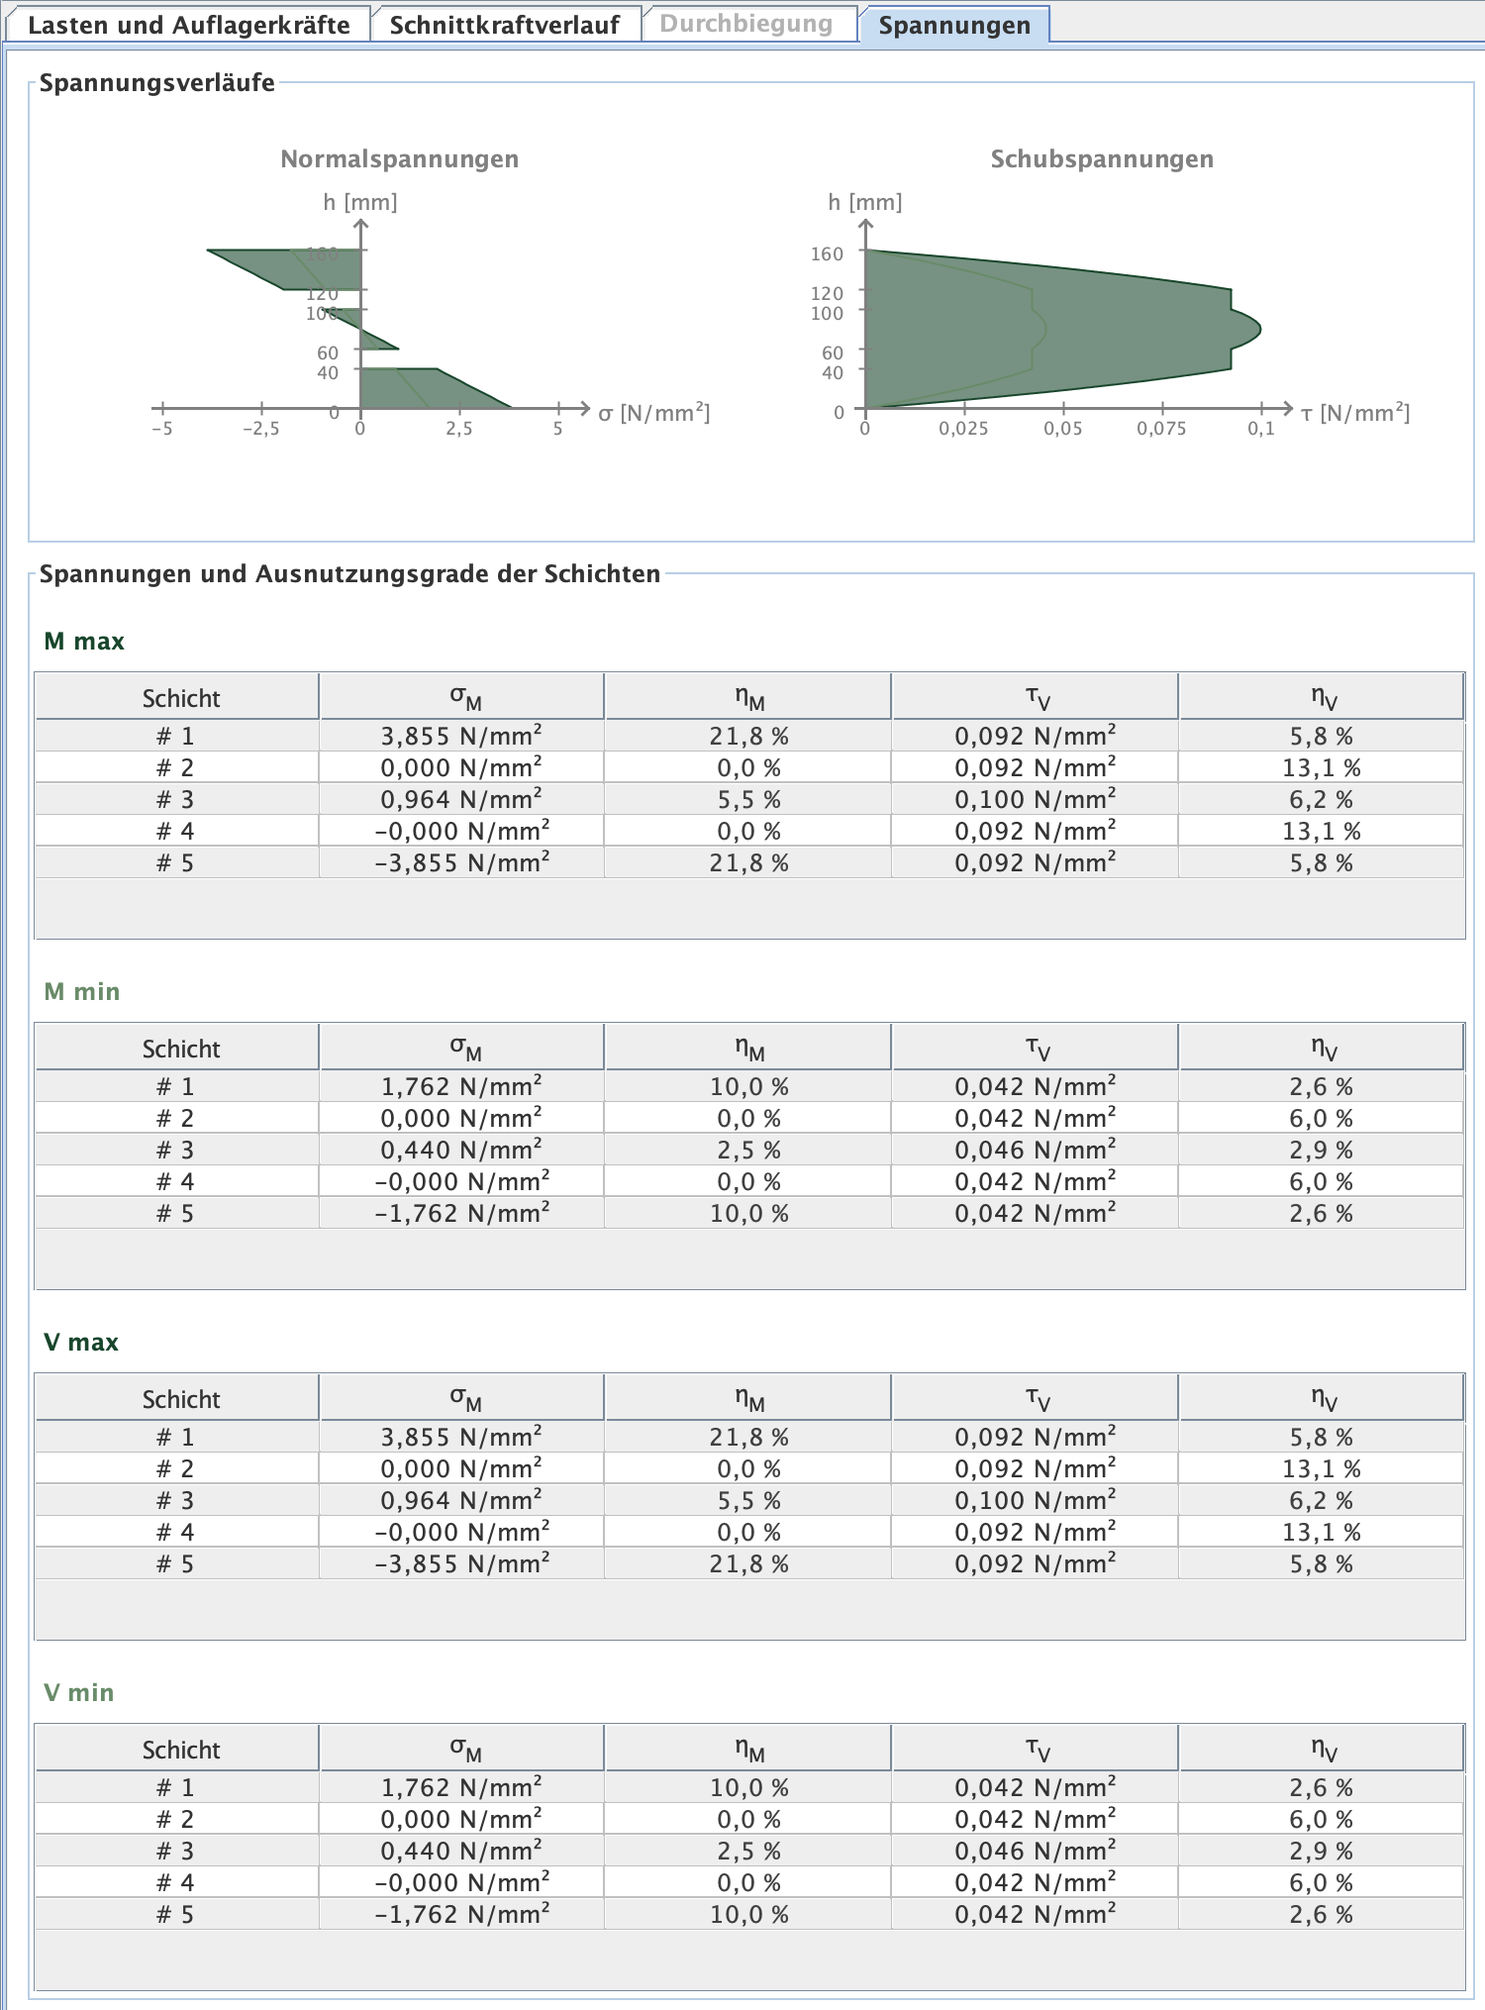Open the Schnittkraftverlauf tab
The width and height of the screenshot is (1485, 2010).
point(504,25)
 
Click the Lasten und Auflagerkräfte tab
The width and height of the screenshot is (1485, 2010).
point(188,25)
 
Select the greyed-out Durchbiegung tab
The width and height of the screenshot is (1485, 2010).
point(745,24)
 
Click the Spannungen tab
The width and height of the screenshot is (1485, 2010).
point(953,25)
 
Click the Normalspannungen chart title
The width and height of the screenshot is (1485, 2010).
point(399,159)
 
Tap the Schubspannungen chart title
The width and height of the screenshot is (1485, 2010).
point(1102,159)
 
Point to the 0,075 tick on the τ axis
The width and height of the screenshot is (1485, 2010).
point(1161,429)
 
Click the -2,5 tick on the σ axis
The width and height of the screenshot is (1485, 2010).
point(260,429)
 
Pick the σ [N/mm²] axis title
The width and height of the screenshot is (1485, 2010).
point(653,413)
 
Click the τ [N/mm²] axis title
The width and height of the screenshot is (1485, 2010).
point(1354,413)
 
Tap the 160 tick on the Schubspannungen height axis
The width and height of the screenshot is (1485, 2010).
point(827,254)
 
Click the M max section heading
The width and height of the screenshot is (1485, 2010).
point(84,642)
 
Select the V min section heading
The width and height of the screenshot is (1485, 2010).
point(79,1693)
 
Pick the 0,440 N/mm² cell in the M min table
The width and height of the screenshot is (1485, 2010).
point(461,1150)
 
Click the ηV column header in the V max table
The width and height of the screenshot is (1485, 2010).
point(1322,1398)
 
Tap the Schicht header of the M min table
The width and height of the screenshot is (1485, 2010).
point(180,1049)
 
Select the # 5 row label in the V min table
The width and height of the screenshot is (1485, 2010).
point(175,1914)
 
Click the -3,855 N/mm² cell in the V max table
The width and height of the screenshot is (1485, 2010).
point(461,1563)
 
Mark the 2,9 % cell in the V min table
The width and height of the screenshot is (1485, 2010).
point(1321,1851)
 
